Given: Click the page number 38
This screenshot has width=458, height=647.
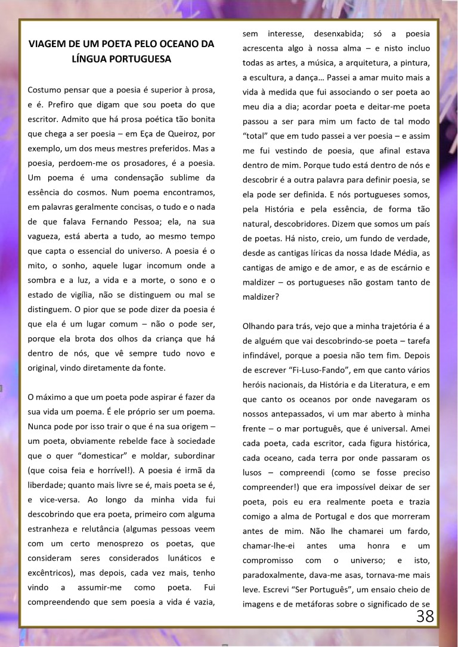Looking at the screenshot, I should coord(425,616).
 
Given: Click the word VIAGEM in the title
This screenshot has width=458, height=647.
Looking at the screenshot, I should coord(47,44).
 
